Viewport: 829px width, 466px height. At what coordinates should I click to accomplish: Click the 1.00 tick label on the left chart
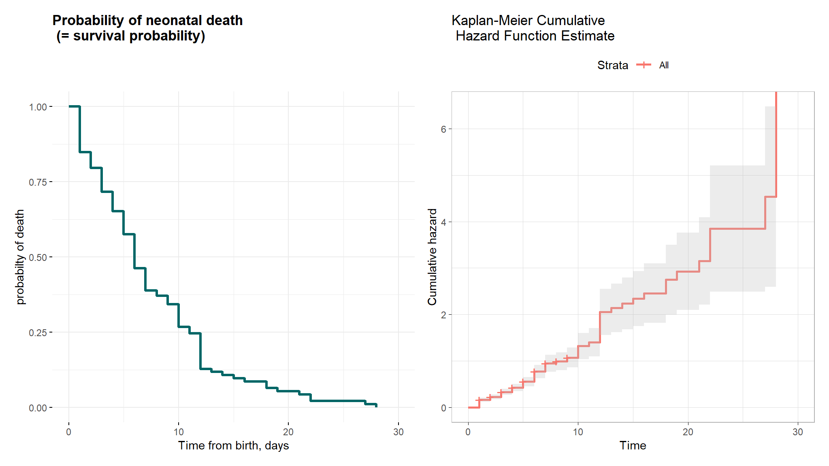pos(38,107)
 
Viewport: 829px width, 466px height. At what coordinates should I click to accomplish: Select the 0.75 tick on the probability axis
pos(38,182)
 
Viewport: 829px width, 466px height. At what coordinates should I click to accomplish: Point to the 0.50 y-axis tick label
pos(38,257)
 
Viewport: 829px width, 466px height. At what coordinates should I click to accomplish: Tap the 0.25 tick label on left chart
pos(38,333)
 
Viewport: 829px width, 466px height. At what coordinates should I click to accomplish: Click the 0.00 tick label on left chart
pos(38,408)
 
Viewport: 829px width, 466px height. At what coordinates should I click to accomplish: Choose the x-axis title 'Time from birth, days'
pos(233,445)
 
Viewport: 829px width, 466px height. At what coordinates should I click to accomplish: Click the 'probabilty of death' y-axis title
pos(20,257)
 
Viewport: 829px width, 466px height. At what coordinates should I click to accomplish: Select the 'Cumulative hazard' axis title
pos(433,257)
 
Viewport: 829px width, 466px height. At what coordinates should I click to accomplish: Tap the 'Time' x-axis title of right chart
pos(633,445)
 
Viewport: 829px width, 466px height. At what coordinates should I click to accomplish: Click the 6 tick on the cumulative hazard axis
pos(443,129)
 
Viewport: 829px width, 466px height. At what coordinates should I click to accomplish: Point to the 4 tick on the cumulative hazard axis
pos(443,222)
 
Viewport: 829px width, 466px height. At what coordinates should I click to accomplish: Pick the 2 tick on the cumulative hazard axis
pos(443,315)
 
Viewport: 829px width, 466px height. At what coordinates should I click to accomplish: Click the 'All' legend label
pos(664,65)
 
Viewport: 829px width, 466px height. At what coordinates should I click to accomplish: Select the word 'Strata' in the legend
pos(612,65)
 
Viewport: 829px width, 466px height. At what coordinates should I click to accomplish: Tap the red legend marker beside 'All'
pos(644,65)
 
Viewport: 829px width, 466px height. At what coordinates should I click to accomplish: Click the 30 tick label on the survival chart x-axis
pos(399,432)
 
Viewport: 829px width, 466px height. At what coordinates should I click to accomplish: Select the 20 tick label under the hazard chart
pos(688,432)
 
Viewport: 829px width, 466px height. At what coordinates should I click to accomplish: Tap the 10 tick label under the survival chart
pos(179,432)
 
